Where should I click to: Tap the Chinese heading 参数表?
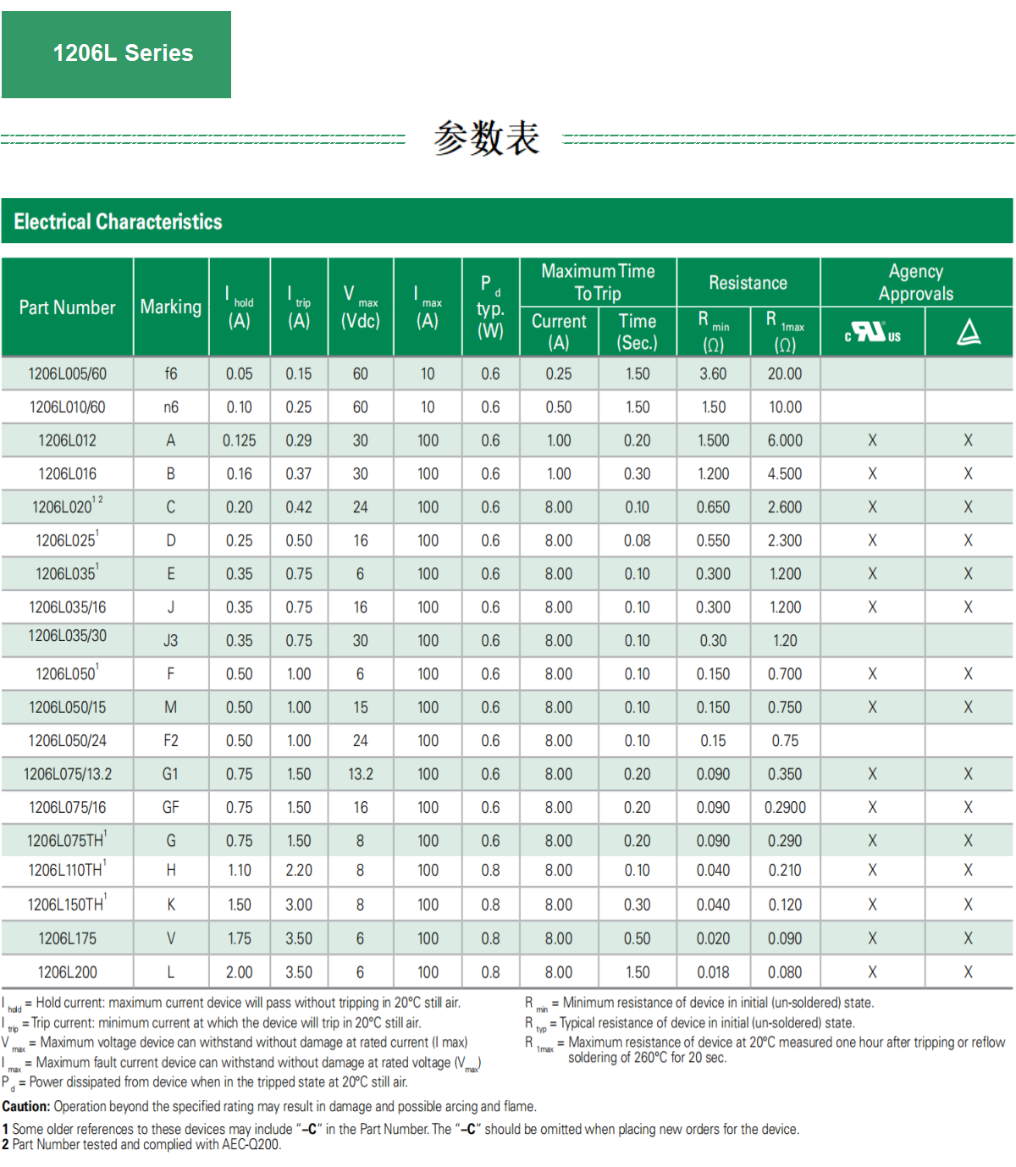[x=486, y=137]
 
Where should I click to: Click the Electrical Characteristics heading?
[x=118, y=222]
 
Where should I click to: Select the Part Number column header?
[x=67, y=307]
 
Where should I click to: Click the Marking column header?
[x=171, y=307]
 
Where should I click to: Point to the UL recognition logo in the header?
[x=872, y=332]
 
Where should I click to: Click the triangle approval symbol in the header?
[x=969, y=332]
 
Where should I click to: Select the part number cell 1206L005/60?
[x=67, y=373]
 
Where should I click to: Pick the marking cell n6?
[x=171, y=407]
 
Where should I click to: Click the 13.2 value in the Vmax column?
[x=361, y=774]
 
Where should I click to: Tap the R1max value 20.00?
[x=785, y=373]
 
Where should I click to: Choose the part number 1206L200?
[x=67, y=972]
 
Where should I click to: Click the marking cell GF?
[x=171, y=807]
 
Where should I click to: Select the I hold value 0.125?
[x=240, y=440]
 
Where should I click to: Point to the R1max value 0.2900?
[x=785, y=807]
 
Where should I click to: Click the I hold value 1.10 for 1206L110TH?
[x=240, y=871]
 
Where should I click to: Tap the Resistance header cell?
[x=748, y=283]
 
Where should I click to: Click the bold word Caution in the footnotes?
[x=26, y=1106]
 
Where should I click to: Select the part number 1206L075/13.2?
[x=67, y=774]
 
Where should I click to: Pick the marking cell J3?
[x=171, y=641]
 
